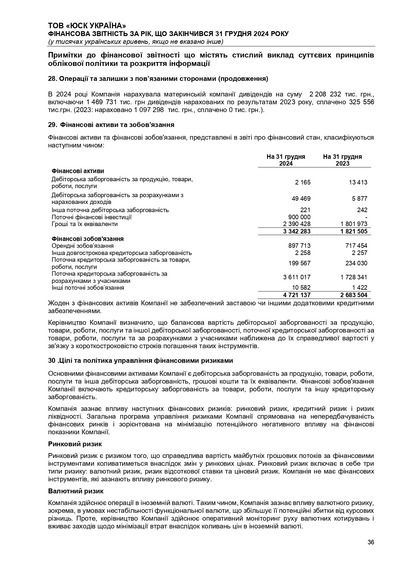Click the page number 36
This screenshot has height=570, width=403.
point(371,542)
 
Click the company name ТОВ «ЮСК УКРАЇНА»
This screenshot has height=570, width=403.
point(87,26)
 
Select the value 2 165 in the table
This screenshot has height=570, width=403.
point(303,183)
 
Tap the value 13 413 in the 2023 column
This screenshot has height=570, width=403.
point(358,183)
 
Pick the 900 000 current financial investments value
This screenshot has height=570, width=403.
point(299,217)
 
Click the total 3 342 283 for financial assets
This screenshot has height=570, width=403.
point(297,231)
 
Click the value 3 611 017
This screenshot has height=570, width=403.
point(297,277)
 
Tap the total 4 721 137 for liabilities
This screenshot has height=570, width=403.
point(297,295)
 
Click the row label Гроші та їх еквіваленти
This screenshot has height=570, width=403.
point(84,224)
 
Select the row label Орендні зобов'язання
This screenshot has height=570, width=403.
point(82,246)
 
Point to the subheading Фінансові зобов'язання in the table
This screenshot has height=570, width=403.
point(87,239)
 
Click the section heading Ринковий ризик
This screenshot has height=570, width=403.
point(75,444)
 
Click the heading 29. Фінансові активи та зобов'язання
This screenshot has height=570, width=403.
point(111,125)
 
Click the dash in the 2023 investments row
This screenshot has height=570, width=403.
point(366,217)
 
